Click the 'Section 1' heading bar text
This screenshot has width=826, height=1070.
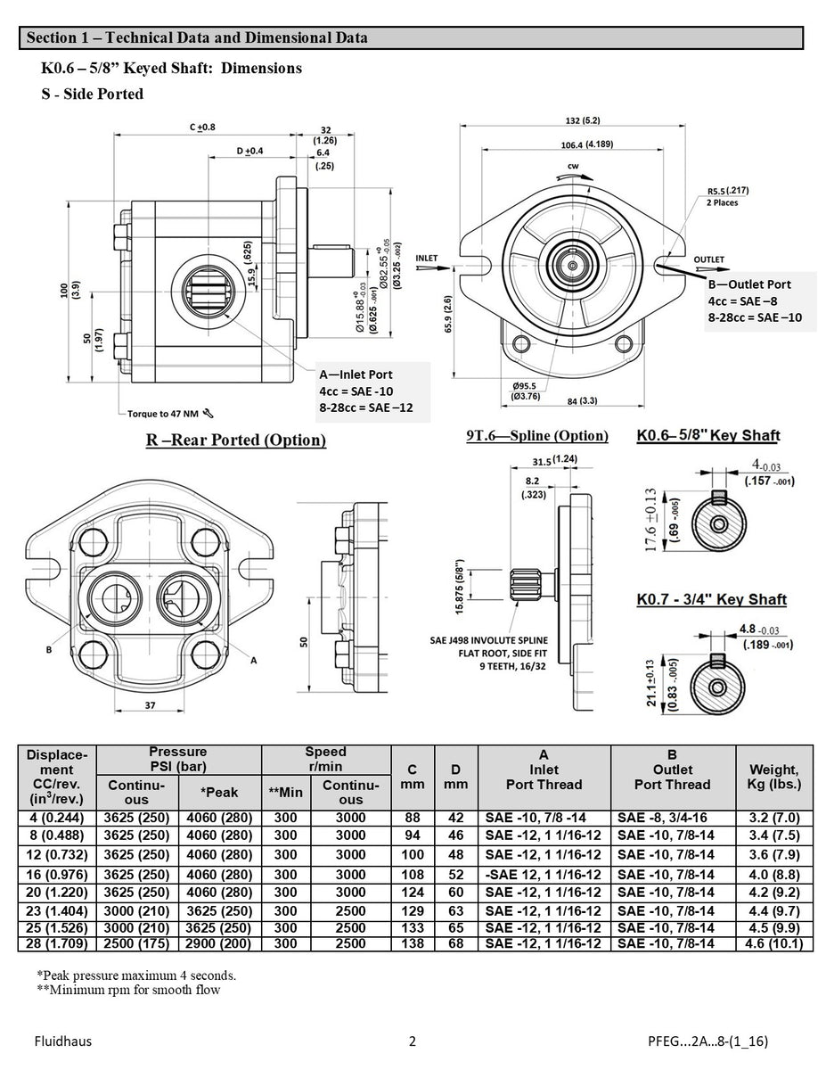click(196, 37)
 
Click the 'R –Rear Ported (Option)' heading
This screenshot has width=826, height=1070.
click(235, 440)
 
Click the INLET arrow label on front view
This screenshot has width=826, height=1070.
click(427, 258)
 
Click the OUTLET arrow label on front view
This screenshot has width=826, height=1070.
click(709, 259)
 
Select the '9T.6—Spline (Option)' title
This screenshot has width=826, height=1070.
click(536, 436)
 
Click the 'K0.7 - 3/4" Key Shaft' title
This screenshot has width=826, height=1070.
click(711, 600)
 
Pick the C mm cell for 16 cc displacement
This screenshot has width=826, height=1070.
click(412, 875)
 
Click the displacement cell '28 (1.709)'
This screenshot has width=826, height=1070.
click(57, 943)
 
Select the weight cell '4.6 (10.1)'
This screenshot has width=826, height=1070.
click(773, 943)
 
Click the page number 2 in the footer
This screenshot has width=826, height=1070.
click(412, 1041)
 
